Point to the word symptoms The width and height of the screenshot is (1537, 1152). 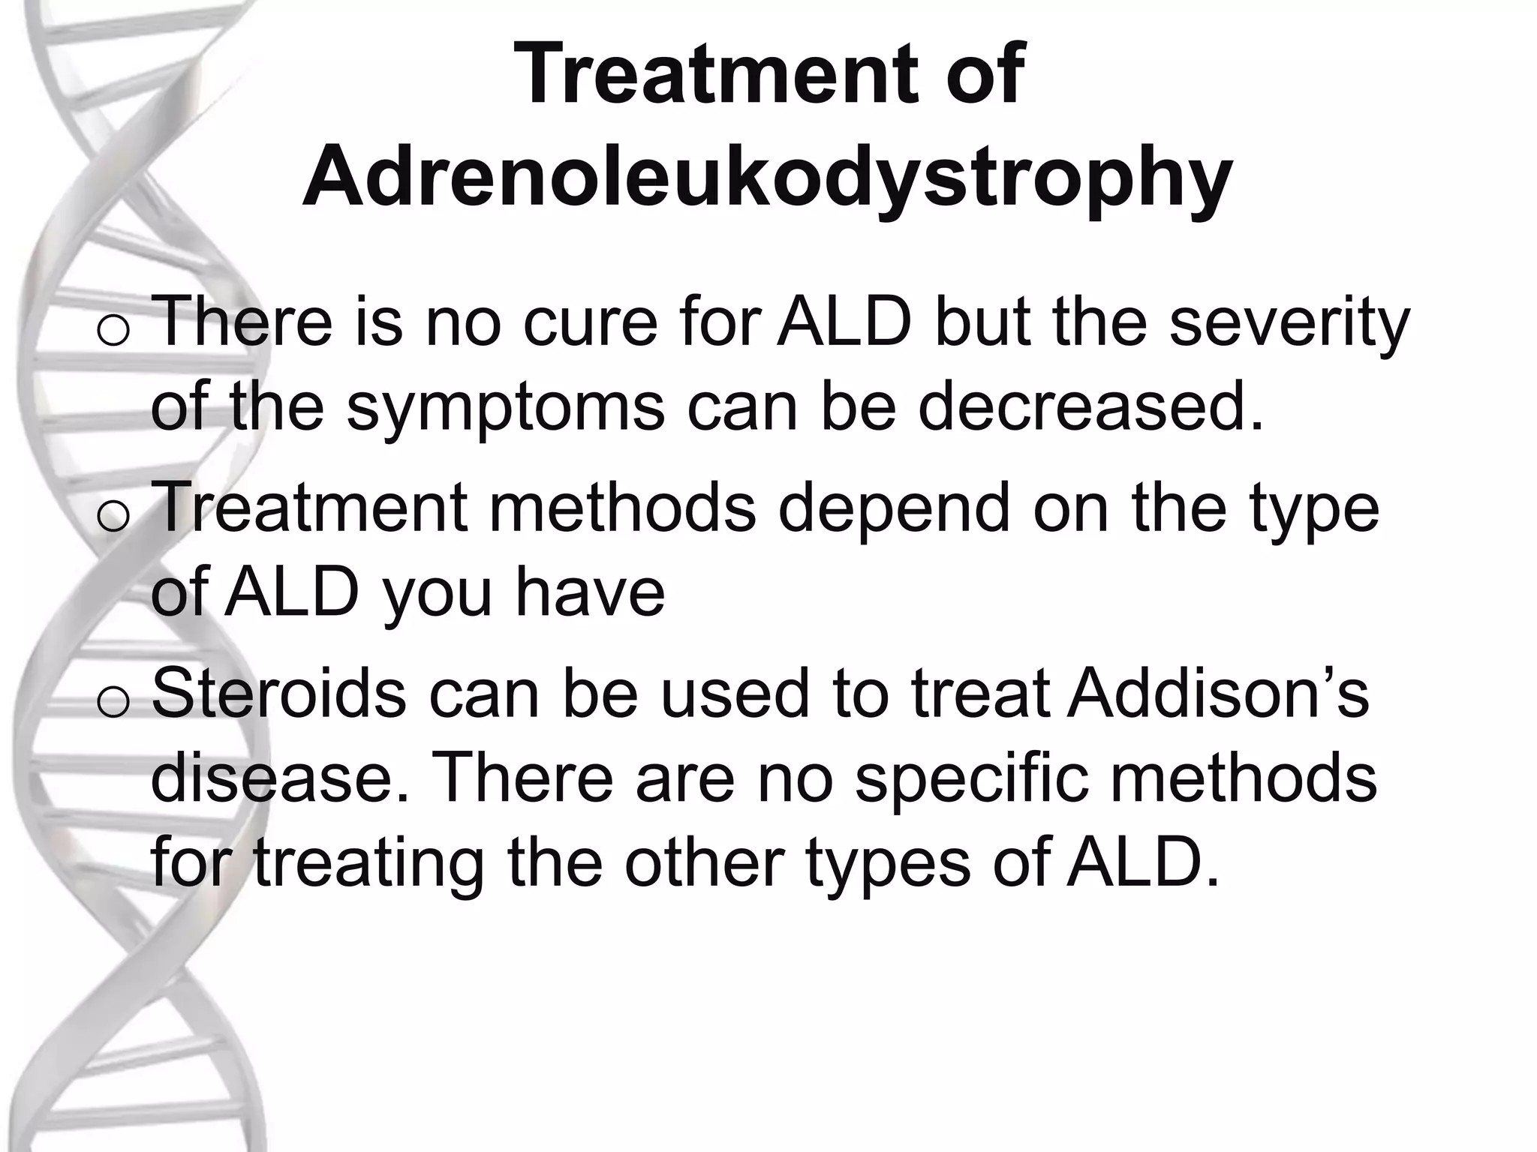pos(505,409)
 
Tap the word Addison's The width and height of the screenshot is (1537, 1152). pos(1218,694)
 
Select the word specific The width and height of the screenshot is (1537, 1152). pos(971,780)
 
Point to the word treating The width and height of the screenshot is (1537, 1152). pos(368,864)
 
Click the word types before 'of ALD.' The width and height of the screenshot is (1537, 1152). pos(888,865)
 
